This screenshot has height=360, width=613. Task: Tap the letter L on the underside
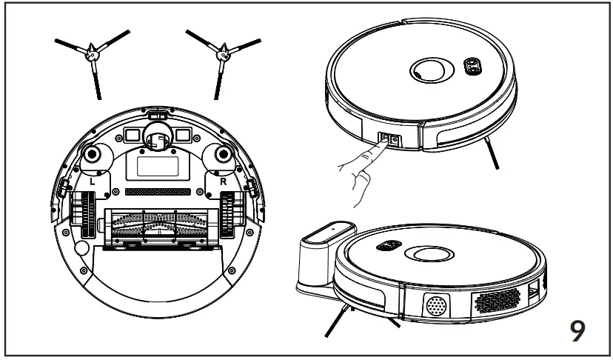tap(90, 180)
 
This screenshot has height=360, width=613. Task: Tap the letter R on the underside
tap(221, 180)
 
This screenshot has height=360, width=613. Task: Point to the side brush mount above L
tap(93, 155)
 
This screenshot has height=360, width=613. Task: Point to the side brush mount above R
tap(220, 155)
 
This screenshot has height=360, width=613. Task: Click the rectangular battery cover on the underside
tap(155, 164)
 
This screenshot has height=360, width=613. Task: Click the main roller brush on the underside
tap(156, 224)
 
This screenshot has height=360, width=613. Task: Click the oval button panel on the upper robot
tap(471, 65)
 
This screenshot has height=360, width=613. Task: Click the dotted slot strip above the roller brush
tap(155, 191)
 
